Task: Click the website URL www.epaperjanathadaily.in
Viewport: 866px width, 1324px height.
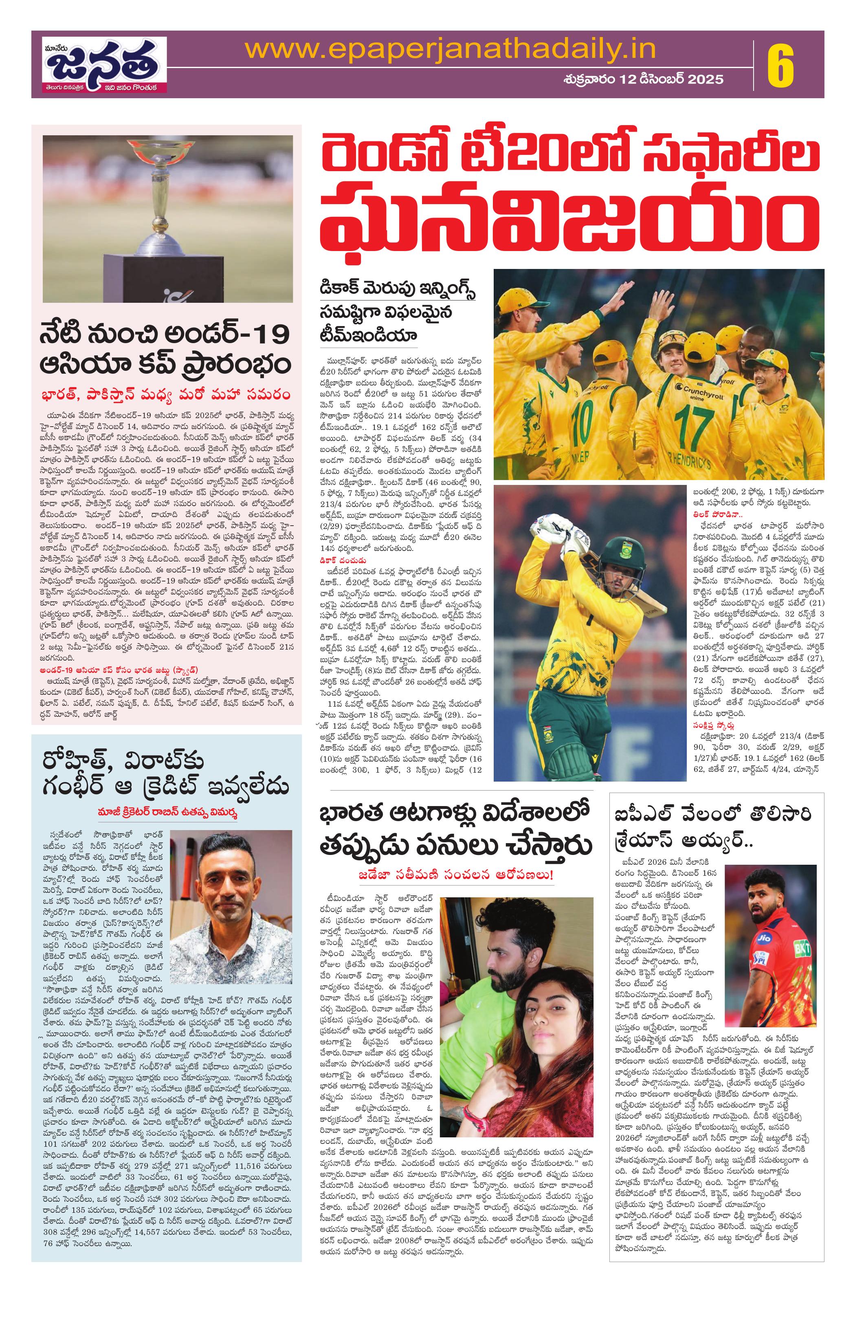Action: click(450, 51)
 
